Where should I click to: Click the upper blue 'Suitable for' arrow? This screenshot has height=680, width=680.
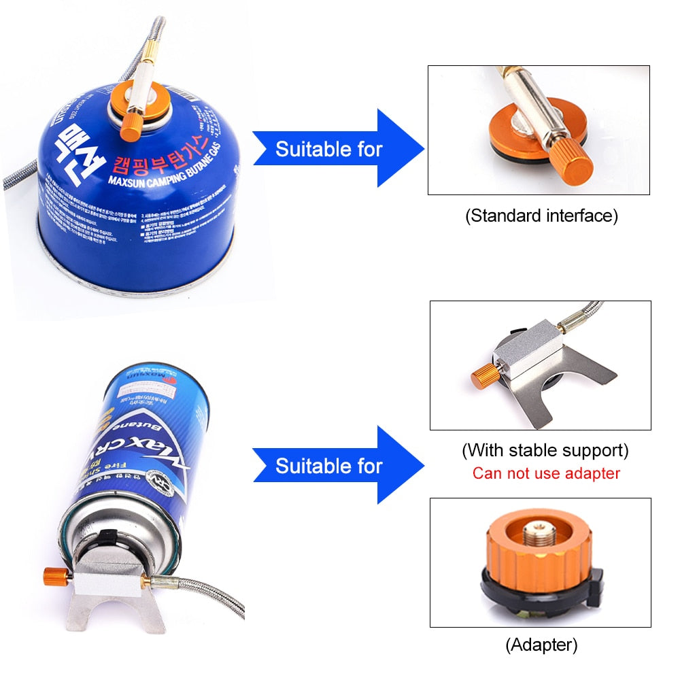click(337, 148)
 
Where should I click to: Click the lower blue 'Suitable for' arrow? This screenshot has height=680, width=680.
click(337, 465)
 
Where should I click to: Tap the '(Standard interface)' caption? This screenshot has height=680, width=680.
click(541, 216)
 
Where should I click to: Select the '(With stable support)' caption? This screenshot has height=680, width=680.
click(545, 450)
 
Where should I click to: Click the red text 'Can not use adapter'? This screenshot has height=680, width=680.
click(546, 473)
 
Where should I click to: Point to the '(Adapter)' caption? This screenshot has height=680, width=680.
click(541, 644)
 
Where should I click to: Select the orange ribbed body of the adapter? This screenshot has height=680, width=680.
click(537, 558)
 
